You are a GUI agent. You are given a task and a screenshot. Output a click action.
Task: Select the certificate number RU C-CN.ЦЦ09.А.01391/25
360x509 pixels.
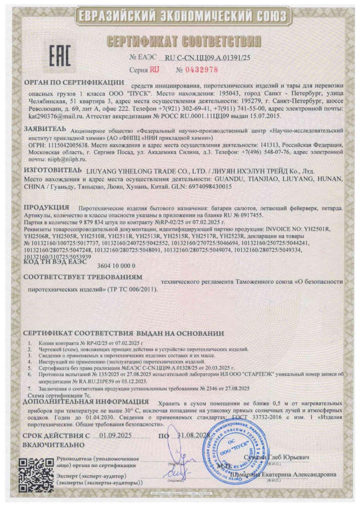(x=207, y=58)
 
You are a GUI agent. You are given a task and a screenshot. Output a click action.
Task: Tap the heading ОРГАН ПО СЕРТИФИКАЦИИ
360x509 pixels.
(x=74, y=82)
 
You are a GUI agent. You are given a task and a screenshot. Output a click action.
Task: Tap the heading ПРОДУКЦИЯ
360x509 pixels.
(x=47, y=207)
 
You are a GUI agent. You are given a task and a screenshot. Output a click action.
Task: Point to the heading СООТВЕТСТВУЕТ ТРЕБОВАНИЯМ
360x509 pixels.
(x=83, y=277)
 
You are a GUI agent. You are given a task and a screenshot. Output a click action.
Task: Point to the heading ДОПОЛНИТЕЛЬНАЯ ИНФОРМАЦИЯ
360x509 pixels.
(x=86, y=402)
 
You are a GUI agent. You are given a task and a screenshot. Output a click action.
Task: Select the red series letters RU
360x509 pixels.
(x=155, y=70)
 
